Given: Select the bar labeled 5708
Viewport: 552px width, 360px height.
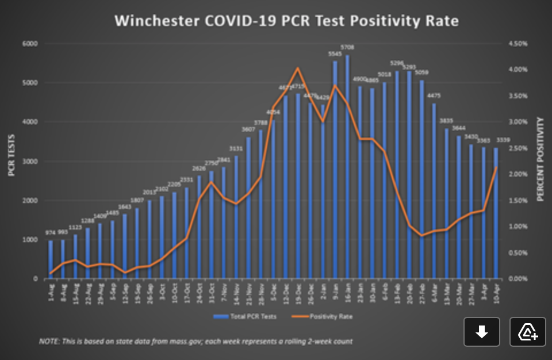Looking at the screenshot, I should pos(347,167).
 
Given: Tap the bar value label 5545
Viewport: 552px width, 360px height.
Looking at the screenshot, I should pos(335,54).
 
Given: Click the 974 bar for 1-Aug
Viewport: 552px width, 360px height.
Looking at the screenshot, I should pos(51,259).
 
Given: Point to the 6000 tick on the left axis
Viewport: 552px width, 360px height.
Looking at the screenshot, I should pos(30,44).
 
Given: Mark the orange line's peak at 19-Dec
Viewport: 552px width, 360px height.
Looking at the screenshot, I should pos(297,68).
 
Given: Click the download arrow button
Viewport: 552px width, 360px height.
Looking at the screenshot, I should pos(482,332).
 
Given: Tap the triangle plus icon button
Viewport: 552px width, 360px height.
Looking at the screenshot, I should pos(528,332).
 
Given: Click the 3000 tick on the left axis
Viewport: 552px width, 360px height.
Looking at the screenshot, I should pos(30,162).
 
